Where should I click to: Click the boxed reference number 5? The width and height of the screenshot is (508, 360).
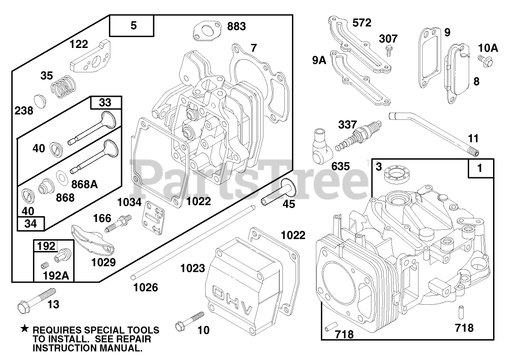point(133,26)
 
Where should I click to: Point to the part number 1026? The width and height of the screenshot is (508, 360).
point(146,287)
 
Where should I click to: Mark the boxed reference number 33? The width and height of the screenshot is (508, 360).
point(105,103)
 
